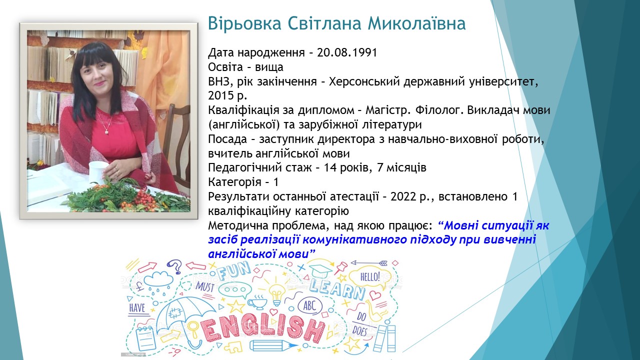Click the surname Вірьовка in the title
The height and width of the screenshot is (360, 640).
tap(245, 23)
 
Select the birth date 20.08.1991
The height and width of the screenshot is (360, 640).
tap(347, 52)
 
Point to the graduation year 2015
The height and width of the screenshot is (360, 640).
tap(220, 95)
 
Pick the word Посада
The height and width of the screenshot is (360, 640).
tap(227, 139)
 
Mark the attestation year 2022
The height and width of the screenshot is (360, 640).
tap(403, 197)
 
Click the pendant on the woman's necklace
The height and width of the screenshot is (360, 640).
tap(106, 131)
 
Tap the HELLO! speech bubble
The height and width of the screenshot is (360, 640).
tap(370, 276)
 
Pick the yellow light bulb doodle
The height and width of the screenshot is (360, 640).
tap(277, 295)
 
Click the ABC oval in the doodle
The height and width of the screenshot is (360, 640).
tap(309, 306)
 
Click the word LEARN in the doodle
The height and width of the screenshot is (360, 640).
tap(337, 290)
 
